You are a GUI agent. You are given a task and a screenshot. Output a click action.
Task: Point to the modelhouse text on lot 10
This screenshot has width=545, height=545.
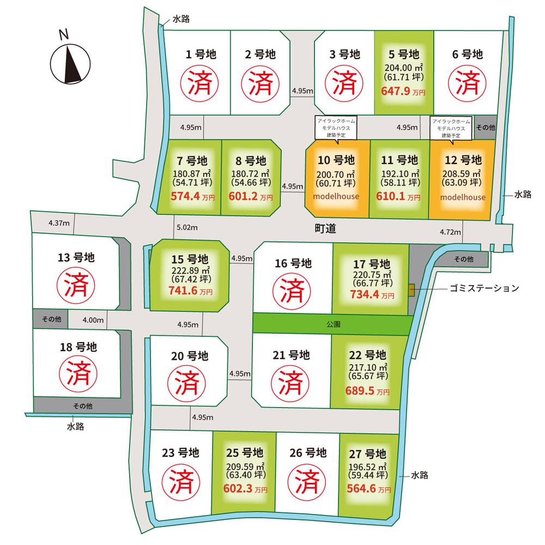tap(336, 196)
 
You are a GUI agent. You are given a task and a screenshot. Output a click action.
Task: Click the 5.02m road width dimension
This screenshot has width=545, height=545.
tap(186, 227)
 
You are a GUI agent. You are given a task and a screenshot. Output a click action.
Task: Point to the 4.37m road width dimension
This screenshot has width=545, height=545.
tap(58, 222)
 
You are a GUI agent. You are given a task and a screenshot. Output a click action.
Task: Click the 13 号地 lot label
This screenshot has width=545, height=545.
tap(76, 257)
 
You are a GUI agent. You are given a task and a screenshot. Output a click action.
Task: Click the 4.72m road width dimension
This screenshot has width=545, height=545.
tap(450, 233)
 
